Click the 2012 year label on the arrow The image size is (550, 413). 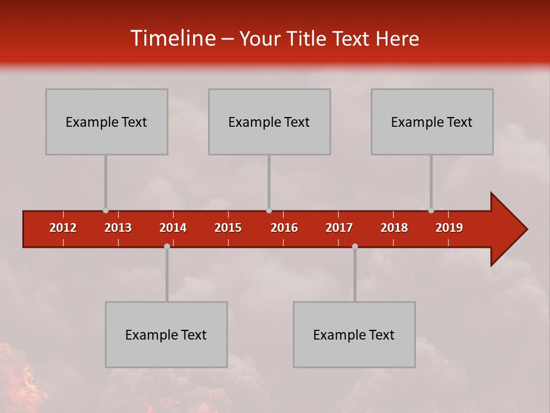point(63,228)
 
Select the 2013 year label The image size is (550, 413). point(118,228)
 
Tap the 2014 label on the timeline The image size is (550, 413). point(173,228)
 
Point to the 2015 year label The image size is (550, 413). point(228,228)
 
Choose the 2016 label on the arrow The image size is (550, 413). point(284,228)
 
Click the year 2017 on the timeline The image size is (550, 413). point(339,228)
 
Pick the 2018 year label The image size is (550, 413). point(394,228)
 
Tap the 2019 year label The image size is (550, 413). point(449,228)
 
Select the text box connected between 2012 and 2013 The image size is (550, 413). point(107,122)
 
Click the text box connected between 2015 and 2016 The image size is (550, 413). point(269,122)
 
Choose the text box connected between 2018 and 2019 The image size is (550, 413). point(432,122)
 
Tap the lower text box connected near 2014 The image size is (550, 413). point(166,334)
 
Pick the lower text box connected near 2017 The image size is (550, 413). point(354,334)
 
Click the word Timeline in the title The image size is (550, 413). point(172,38)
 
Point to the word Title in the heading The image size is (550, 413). point(309,39)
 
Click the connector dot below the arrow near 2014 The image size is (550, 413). point(167,246)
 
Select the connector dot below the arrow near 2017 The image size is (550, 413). point(355,246)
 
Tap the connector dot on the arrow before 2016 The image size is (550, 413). point(269,211)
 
